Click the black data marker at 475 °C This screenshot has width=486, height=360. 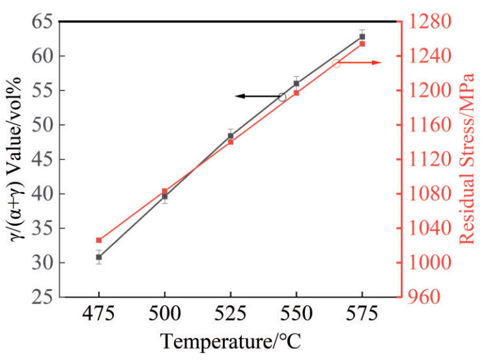(99, 257)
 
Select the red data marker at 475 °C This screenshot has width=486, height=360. (99, 240)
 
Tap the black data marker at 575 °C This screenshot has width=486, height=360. (362, 36)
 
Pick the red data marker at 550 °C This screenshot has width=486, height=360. (296, 93)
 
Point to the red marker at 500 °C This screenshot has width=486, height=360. (165, 191)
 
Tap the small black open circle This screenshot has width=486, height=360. (282, 97)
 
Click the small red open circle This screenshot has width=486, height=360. (336, 63)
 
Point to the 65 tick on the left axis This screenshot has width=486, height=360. (39, 21)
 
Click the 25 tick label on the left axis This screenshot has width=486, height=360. (39, 298)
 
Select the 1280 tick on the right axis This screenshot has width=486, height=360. (423, 21)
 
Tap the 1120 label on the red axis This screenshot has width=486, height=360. (423, 159)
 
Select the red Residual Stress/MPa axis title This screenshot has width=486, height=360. (467, 159)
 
